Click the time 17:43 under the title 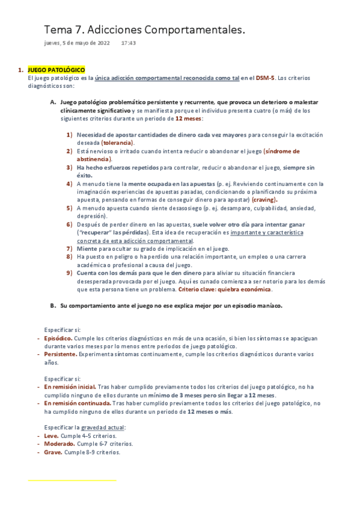pyautogui.click(x=128, y=43)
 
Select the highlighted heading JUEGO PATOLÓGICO pyautogui.click(x=56, y=70)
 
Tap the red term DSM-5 pyautogui.click(x=265, y=78)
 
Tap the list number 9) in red pyautogui.click(x=70, y=272)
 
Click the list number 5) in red pyautogui.click(x=70, y=207)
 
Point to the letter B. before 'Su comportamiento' pyautogui.click(x=53, y=305)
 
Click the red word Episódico pyautogui.click(x=58, y=338)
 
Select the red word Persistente pyautogui.click(x=60, y=354)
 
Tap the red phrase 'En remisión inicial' pyautogui.click(x=70, y=387)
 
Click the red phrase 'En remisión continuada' pyautogui.click(x=76, y=403)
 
